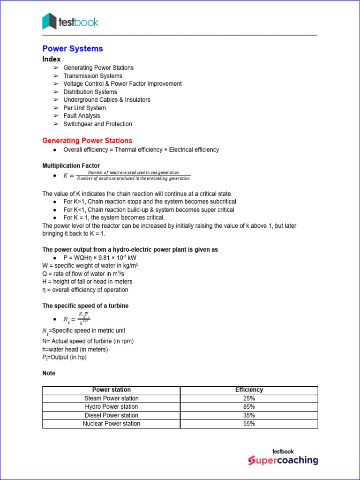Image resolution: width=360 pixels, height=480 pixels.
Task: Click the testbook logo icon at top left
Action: [x=49, y=22]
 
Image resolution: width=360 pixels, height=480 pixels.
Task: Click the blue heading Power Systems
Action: [x=73, y=49]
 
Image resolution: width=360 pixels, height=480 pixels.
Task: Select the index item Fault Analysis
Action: [x=82, y=116]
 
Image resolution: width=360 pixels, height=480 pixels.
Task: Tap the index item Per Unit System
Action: [x=84, y=108]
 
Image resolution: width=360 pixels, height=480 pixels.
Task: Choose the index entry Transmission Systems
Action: [x=93, y=76]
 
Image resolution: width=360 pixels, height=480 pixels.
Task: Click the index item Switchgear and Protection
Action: [x=97, y=124]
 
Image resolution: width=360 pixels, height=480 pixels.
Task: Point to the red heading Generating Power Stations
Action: [x=87, y=141]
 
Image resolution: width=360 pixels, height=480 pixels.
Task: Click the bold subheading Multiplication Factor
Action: [x=71, y=166]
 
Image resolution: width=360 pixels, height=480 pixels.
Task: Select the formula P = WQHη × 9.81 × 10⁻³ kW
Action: [x=100, y=258]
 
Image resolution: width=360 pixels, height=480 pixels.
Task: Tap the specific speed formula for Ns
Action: [x=77, y=318]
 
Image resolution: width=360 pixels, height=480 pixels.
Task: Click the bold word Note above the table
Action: [x=49, y=373]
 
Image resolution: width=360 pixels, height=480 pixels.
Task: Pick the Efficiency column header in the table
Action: [x=249, y=390]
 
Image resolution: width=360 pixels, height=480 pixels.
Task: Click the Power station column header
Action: [x=112, y=390]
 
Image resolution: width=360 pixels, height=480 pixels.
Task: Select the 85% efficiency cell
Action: [x=249, y=407]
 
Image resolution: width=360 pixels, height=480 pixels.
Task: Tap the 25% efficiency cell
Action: [x=249, y=398]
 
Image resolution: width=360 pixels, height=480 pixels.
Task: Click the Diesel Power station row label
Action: [x=112, y=415]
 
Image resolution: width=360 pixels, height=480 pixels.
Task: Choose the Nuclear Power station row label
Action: [x=112, y=424]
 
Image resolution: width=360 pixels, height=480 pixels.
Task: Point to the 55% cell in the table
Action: [x=249, y=424]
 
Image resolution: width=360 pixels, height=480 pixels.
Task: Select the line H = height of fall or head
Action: [x=87, y=282]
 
